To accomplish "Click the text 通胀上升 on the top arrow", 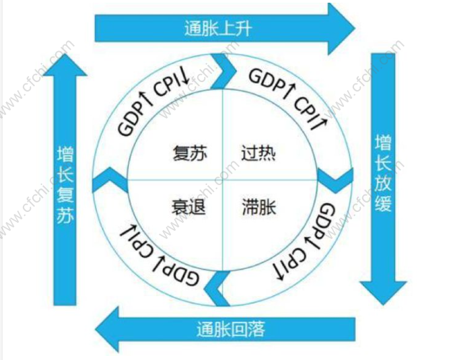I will [x=218, y=29].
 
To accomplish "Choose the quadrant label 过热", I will [x=258, y=153].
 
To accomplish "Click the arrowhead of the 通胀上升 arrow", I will [x=341, y=28].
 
